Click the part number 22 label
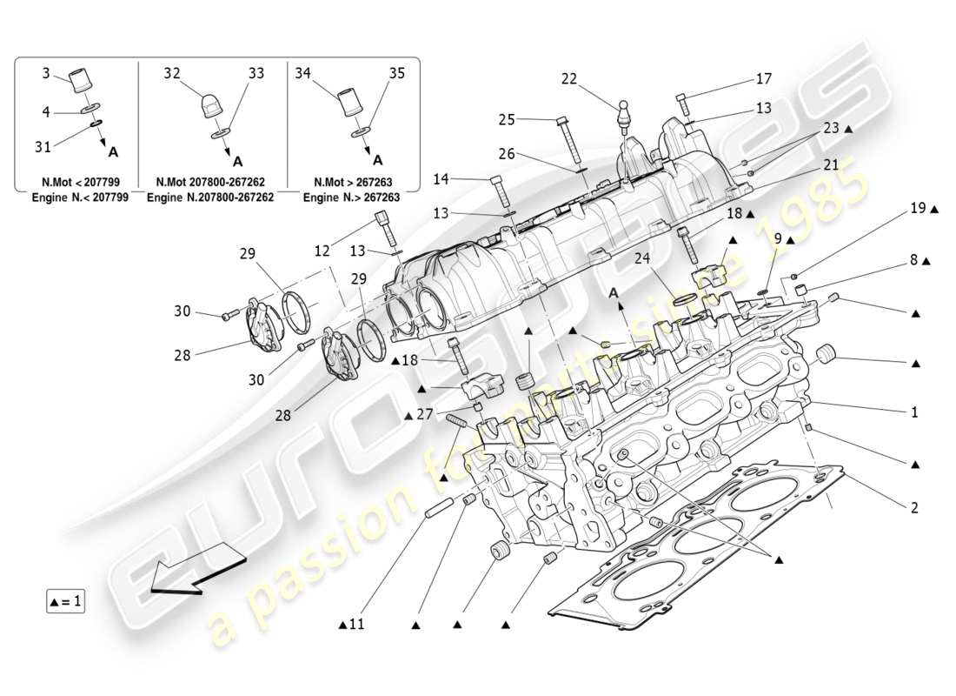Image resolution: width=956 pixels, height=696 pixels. click(x=569, y=78)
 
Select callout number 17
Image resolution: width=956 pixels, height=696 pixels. click(x=763, y=79)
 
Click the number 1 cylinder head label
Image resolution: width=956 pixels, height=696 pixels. click(x=913, y=412)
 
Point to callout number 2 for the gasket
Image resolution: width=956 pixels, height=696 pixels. click(x=913, y=507)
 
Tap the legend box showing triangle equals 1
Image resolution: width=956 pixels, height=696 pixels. click(x=66, y=601)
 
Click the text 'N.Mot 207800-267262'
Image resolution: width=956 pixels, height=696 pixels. click(x=211, y=183)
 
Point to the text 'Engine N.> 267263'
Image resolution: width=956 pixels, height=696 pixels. click(x=352, y=197)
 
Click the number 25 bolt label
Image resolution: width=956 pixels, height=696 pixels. click(x=508, y=119)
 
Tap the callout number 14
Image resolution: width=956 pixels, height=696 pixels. click(x=466, y=179)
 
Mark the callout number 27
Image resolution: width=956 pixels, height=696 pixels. click(x=423, y=415)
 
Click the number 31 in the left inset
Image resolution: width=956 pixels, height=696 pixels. click(x=43, y=147)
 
